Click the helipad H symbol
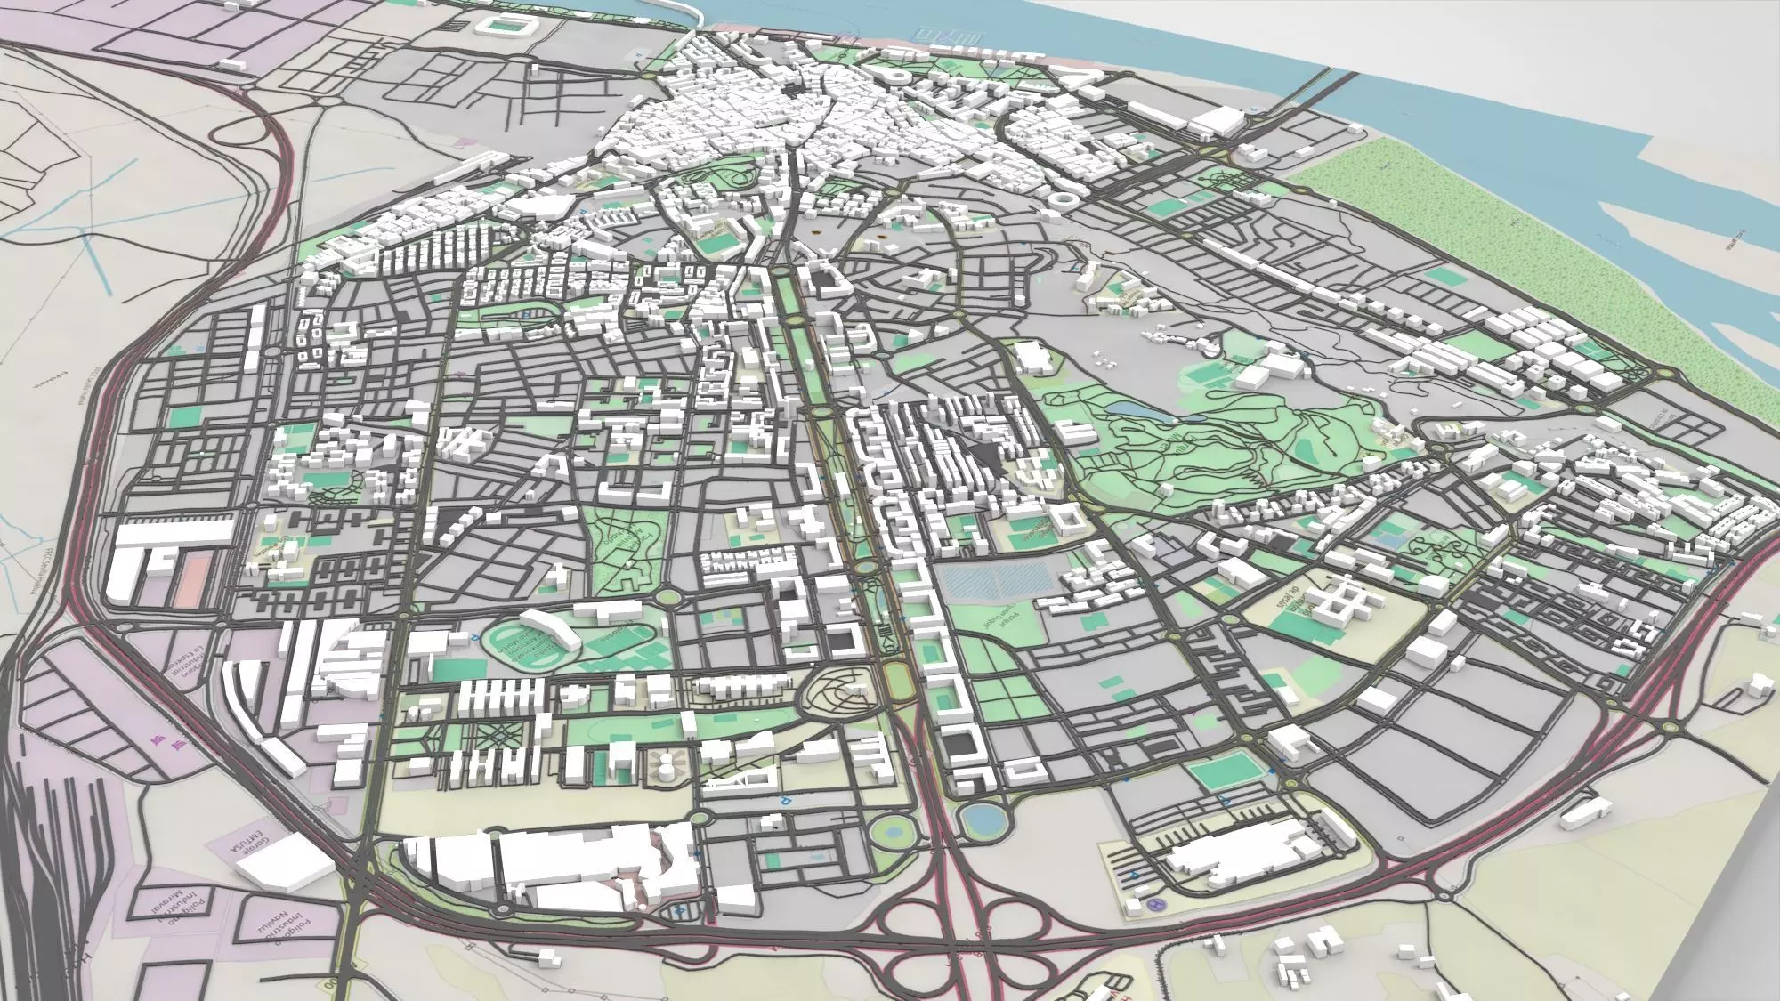1156,906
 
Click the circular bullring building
1064,200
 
